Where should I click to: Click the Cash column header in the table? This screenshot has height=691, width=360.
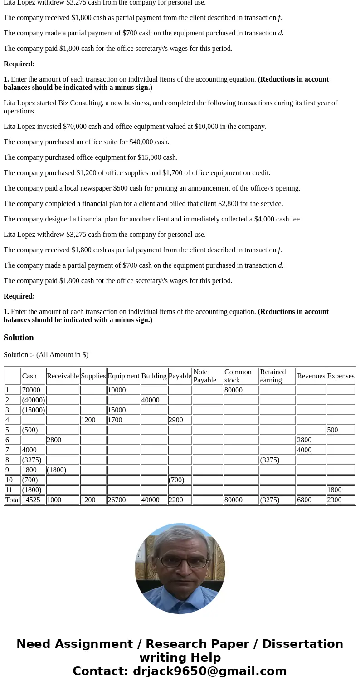(29, 376)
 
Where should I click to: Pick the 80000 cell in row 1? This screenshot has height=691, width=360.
(234, 390)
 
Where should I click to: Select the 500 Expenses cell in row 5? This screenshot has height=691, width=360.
(333, 430)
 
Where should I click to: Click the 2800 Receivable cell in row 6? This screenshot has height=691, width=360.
(54, 440)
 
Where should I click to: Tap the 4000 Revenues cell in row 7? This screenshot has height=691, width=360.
(304, 450)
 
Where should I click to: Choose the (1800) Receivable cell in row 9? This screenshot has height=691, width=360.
(57, 470)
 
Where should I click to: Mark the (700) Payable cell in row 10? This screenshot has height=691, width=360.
(176, 480)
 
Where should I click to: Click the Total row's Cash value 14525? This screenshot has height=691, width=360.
(31, 500)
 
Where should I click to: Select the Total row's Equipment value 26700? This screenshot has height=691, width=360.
(117, 500)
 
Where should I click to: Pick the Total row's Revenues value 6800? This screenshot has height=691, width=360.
(304, 500)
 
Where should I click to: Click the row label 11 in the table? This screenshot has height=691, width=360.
(9, 490)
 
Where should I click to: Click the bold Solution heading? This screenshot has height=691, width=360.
(19, 338)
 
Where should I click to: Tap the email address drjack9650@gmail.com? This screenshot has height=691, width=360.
(209, 671)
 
